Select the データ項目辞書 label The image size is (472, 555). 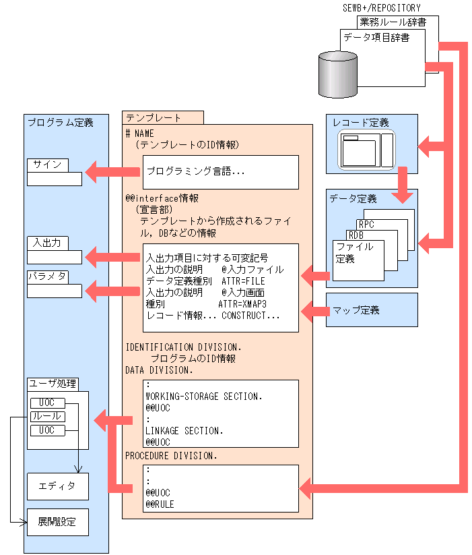pyautogui.click(x=376, y=38)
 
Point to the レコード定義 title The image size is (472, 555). pyautogui.click(x=361, y=123)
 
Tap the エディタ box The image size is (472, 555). pyautogui.click(x=57, y=486)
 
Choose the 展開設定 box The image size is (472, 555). pyautogui.click(x=57, y=522)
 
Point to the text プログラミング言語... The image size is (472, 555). pyautogui.click(x=196, y=172)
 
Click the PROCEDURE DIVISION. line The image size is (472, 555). pyautogui.click(x=172, y=456)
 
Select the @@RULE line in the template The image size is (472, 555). pyautogui.click(x=160, y=504)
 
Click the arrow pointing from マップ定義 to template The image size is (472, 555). pyautogui.click(x=313, y=311)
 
